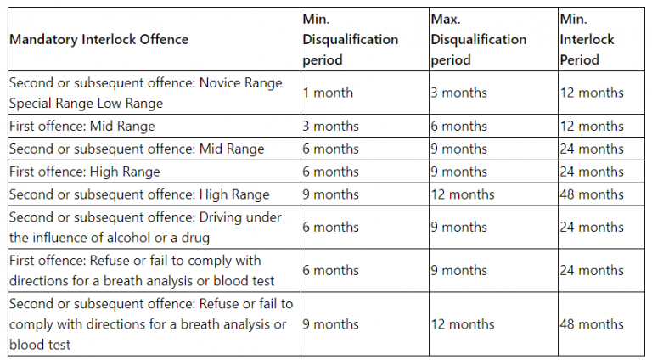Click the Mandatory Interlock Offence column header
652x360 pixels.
click(99, 39)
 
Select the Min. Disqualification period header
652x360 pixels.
click(350, 39)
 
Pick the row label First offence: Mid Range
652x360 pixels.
click(82, 126)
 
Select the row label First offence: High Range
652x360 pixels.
click(84, 172)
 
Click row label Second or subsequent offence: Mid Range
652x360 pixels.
click(137, 149)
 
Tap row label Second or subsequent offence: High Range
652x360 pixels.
click(139, 194)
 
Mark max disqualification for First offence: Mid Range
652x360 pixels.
click(458, 126)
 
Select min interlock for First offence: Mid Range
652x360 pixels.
click(592, 126)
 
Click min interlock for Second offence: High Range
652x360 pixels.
click(592, 194)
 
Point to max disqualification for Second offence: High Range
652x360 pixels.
click(462, 194)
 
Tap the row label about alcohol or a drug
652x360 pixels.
click(145, 228)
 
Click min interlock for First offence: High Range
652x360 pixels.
click(592, 172)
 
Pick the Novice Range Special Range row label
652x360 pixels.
click(145, 93)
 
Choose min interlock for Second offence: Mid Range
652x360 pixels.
click(592, 149)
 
